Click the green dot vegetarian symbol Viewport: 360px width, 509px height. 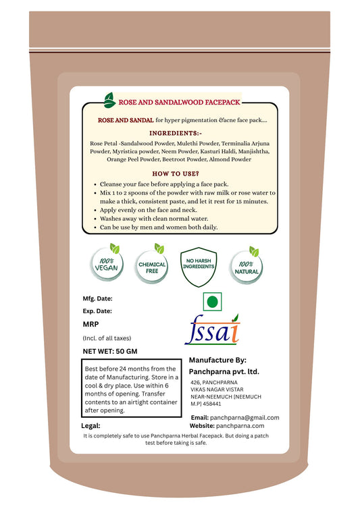click(212, 301)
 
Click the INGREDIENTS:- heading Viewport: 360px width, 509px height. click(180, 134)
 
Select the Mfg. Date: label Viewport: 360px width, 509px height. click(97, 297)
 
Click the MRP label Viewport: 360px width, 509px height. click(91, 324)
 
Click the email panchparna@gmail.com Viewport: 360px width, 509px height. click(245, 418)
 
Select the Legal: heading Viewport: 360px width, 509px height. click(91, 425)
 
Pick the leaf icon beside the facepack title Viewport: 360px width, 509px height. click(108, 100)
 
